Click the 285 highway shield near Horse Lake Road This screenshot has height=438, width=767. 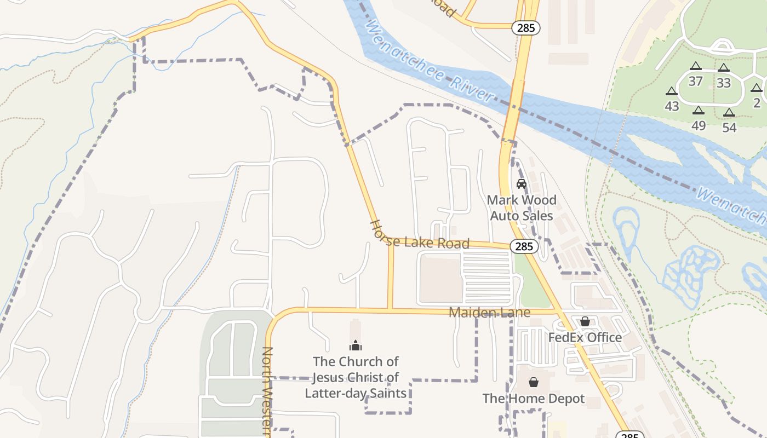(x=524, y=246)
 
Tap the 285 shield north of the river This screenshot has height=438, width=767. (x=525, y=27)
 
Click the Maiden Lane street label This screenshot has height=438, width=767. (x=489, y=312)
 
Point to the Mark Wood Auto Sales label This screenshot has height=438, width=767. (x=522, y=208)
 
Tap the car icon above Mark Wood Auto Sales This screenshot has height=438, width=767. (x=522, y=184)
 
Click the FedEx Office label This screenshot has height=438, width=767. (x=585, y=337)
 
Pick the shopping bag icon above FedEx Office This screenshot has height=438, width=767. (x=585, y=321)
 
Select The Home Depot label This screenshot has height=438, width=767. (x=534, y=399)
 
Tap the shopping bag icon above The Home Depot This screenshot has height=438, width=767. (x=534, y=382)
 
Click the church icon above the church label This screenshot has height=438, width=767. (x=356, y=346)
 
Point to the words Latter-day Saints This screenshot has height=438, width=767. (x=356, y=393)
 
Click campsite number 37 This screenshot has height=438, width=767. (x=695, y=82)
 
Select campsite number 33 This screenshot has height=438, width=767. (x=724, y=83)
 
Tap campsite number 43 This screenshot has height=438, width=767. (x=672, y=106)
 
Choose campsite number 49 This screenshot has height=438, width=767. (x=699, y=125)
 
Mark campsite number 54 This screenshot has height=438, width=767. (x=729, y=128)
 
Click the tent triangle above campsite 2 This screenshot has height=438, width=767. (x=757, y=88)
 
